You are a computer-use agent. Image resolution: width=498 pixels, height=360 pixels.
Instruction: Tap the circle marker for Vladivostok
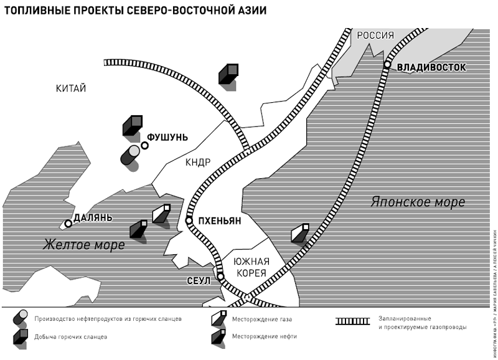tap(387, 65)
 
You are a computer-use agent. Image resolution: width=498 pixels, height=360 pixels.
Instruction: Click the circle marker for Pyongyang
tap(189, 220)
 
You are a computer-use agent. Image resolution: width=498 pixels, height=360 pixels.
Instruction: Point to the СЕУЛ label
tap(199, 281)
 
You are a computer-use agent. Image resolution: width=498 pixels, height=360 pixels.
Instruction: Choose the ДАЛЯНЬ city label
tap(93, 218)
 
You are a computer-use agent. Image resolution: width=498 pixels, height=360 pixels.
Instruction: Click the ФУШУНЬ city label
tap(167, 138)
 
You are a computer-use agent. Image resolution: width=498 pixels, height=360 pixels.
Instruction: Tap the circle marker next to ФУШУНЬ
tap(144, 146)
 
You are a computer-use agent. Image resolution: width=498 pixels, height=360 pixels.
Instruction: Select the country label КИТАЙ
tap(70, 88)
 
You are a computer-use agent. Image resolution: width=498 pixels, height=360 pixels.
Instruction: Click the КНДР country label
tap(198, 163)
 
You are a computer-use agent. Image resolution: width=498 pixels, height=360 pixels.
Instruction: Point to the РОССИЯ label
tap(375, 36)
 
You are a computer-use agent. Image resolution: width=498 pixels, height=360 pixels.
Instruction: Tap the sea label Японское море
tap(418, 202)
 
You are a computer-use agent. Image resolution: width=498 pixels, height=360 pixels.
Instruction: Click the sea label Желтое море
tap(83, 245)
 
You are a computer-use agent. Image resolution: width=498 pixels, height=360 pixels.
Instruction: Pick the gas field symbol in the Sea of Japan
tap(300, 234)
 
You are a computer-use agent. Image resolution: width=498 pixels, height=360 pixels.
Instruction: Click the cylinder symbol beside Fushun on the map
tap(131, 156)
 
